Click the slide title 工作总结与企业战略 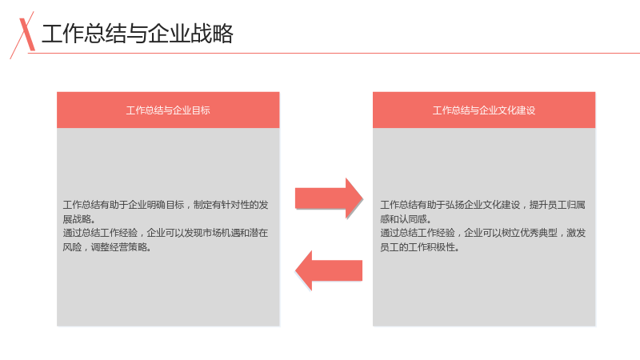(137, 34)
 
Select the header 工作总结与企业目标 (168, 110)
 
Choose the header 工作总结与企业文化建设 (484, 110)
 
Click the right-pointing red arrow (329, 198)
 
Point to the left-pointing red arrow (329, 270)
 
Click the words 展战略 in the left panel (76, 219)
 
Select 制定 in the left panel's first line (203, 205)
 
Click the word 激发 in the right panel (576, 233)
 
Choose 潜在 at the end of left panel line (258, 233)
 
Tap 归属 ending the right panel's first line (576, 205)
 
